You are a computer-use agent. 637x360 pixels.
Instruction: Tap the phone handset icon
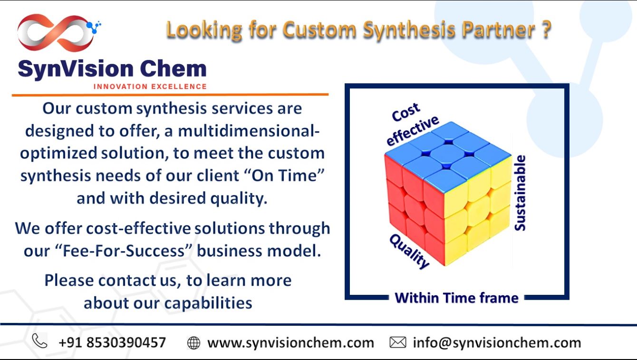coord(39,341)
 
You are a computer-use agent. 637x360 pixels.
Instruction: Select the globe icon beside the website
coord(193,342)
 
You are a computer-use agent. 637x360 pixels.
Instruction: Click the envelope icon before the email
coord(397,342)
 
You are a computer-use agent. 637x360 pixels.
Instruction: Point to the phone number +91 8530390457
coord(112,342)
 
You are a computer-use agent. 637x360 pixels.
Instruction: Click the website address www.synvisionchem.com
coord(290,343)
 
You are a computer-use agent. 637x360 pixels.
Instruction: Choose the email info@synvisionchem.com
coord(497,342)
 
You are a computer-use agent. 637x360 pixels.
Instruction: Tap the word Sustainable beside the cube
coord(520,193)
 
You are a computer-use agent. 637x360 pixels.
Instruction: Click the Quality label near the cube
coord(409,252)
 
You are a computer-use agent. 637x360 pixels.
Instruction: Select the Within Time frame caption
coord(457,298)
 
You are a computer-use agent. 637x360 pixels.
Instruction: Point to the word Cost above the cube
coord(406,112)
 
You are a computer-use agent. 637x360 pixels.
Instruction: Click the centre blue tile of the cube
coord(447,155)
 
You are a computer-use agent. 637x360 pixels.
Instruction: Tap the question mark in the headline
coord(546,29)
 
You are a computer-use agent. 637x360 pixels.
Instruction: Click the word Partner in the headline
coord(499,29)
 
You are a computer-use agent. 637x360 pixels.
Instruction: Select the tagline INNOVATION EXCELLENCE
coord(150,87)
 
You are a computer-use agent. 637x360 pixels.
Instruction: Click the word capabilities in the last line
coord(208,303)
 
